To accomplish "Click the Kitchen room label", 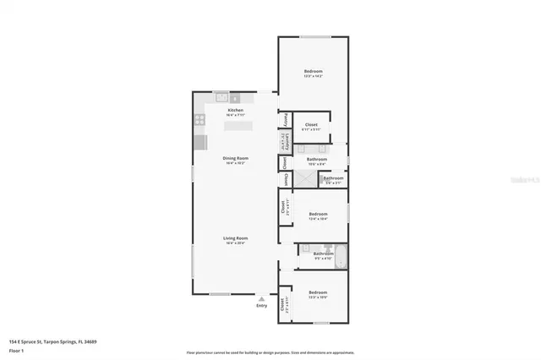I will [236, 111].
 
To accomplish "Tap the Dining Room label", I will [236, 159].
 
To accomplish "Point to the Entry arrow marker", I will [262, 298].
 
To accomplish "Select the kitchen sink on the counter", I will [221, 98].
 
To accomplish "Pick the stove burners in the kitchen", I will [200, 119].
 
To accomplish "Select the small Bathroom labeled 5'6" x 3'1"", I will [333, 178].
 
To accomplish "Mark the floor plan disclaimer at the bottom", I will [270, 352].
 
